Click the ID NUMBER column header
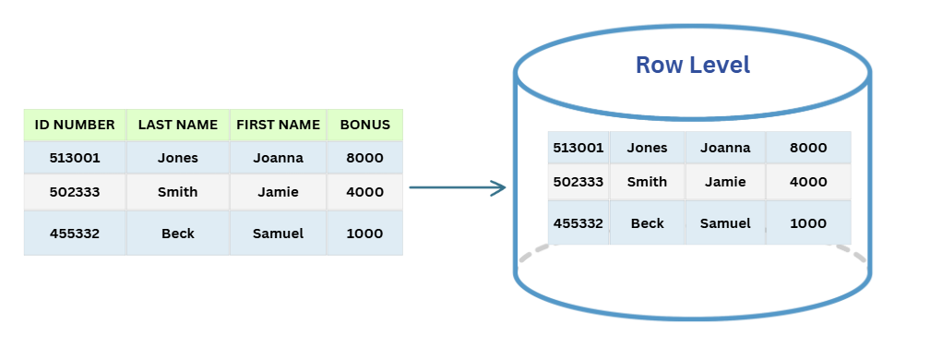pos(75,125)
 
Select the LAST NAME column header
pos(178,125)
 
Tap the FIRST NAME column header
pos(278,125)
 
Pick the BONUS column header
pos(364,125)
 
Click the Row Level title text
pos(692,66)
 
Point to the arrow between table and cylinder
pos(458,188)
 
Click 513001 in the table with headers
pos(75,158)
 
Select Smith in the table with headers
pos(178,193)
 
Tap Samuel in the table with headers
pos(278,234)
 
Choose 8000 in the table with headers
pos(364,158)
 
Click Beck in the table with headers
pos(178,234)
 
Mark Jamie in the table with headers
pos(278,193)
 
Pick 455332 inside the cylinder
pos(578,223)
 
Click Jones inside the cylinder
pos(647,148)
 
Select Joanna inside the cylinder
pos(724,148)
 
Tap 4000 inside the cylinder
pos(808,182)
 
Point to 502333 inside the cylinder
pos(578,182)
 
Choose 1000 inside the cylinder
pos(808,223)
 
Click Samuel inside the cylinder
pos(724,223)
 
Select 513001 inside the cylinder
pos(578,148)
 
